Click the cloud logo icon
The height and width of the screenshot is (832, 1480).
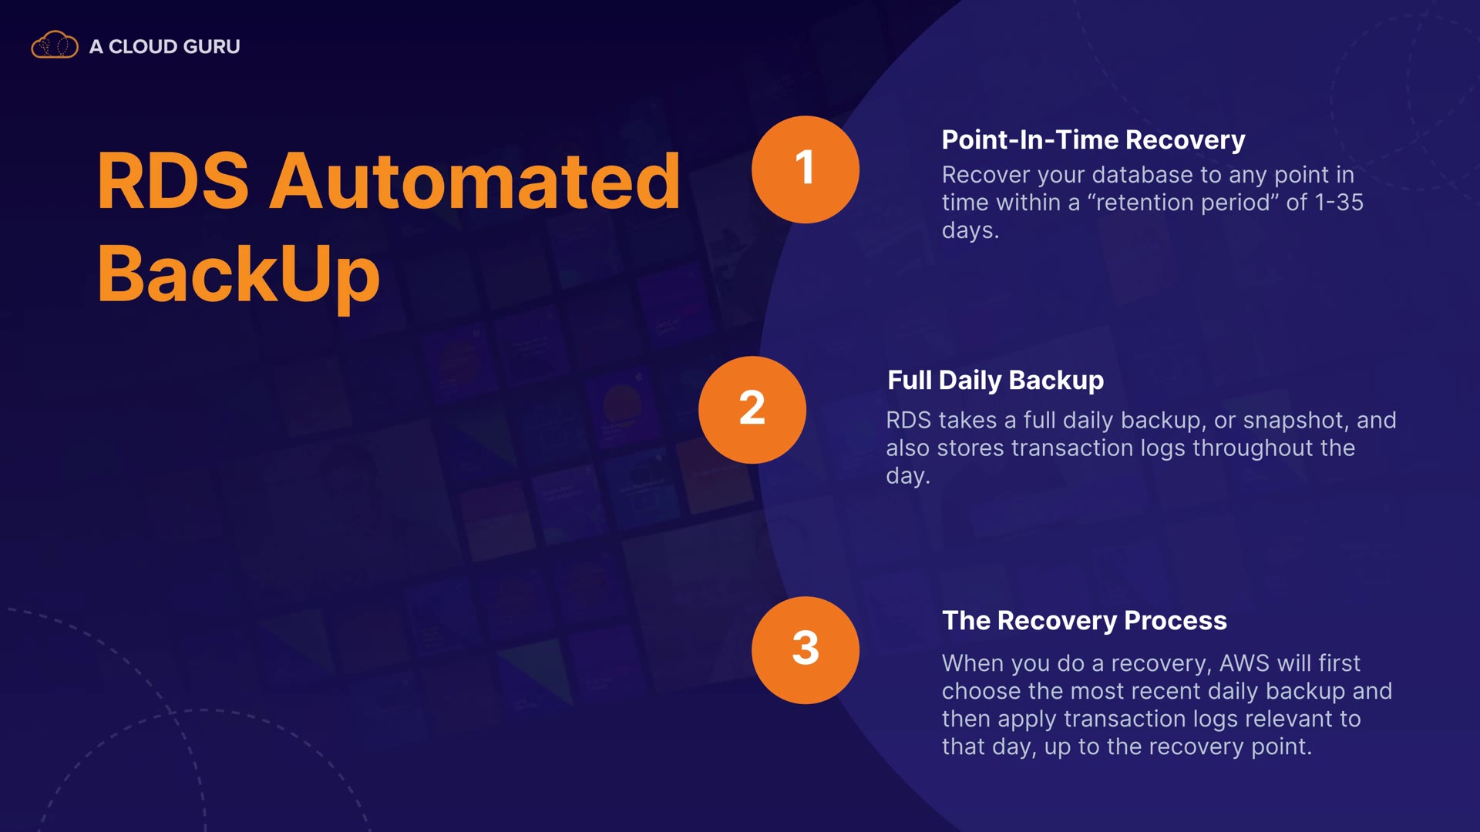(55, 45)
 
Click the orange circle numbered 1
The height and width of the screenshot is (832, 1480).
(806, 169)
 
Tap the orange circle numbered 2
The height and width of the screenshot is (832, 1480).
(752, 410)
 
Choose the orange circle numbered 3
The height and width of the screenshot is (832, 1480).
(806, 650)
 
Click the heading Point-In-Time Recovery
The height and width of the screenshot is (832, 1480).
(1093, 140)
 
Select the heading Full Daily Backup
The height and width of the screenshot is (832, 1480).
(995, 381)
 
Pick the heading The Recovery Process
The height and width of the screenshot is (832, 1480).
(1085, 621)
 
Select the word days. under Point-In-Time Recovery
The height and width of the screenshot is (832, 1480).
(970, 230)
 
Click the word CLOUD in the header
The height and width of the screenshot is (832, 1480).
(143, 47)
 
